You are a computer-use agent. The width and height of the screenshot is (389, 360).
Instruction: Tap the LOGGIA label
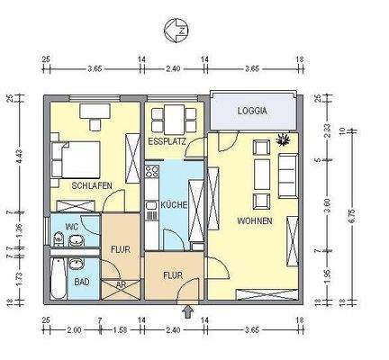(253, 112)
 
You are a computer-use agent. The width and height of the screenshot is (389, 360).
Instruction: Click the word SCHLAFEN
(92, 184)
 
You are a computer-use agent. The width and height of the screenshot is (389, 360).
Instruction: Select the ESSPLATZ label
(167, 142)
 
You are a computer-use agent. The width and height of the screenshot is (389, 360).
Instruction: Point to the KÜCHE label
(174, 205)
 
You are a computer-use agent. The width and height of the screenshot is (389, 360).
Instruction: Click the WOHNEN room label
(255, 220)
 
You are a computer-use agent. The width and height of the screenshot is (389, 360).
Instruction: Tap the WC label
(70, 227)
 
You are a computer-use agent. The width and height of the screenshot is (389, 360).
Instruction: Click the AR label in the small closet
(121, 285)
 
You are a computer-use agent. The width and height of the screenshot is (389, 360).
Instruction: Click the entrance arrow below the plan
(187, 311)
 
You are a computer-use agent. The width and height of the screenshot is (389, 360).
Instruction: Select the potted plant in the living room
(285, 139)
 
